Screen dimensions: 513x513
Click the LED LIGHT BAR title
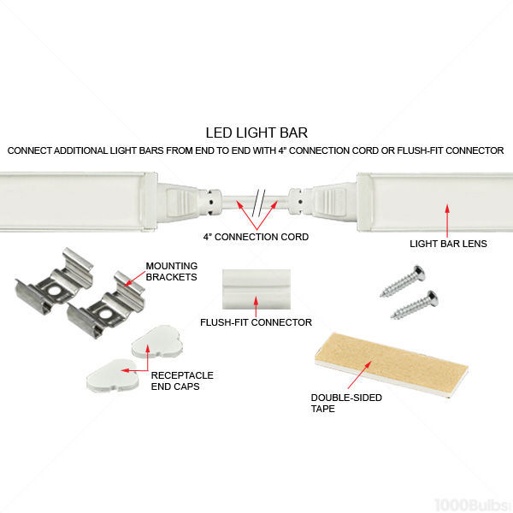coord(256,133)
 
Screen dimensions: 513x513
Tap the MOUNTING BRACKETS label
coord(172,272)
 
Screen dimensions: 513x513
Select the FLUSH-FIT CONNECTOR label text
coord(256,322)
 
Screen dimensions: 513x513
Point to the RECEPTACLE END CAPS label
coord(182,380)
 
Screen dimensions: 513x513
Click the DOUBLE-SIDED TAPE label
coord(346,403)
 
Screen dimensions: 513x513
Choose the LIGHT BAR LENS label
coord(448,244)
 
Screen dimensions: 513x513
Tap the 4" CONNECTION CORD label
coord(256,237)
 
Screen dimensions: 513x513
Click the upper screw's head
coord(418,273)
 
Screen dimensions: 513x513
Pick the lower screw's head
coord(432,298)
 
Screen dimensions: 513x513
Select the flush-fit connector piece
coord(256,289)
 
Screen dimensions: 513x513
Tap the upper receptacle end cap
coord(157,342)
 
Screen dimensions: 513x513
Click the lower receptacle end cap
coord(113,375)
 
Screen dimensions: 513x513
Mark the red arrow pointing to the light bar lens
coord(447,221)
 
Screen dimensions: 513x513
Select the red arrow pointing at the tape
coord(360,374)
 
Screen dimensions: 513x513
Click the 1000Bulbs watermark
coord(471,504)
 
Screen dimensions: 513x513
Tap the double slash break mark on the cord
coord(259,203)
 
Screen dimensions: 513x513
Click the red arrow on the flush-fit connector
coord(256,307)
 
